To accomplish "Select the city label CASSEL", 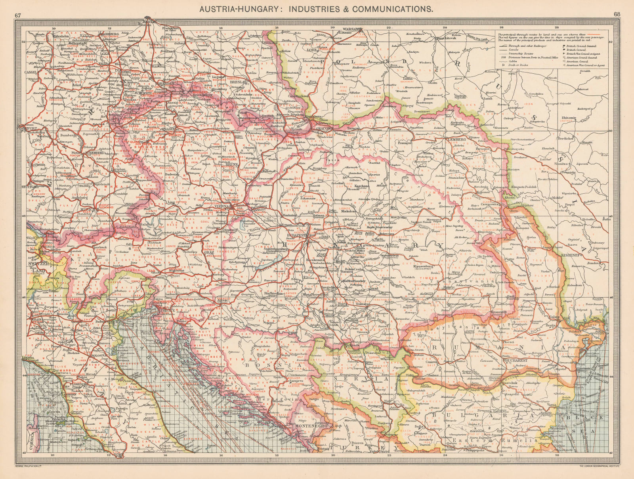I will (31, 73).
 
